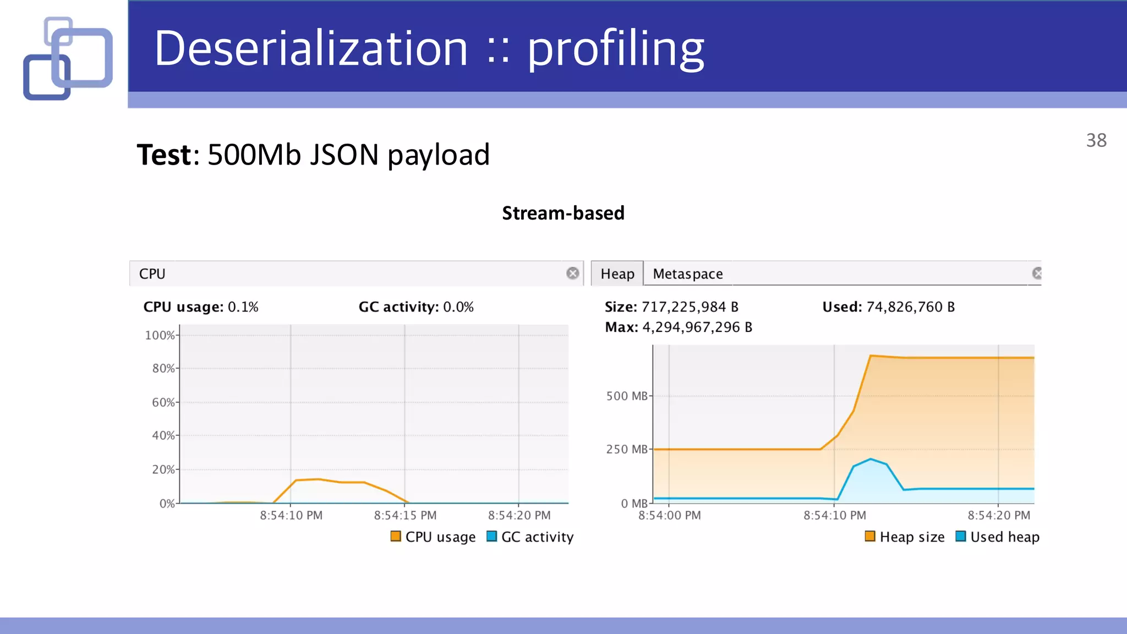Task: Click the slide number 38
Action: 1096,140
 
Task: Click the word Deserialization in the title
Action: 311,48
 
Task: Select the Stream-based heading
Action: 563,213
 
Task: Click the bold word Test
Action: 164,155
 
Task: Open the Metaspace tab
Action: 687,274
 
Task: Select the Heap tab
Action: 617,274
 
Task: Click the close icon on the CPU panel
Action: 572,274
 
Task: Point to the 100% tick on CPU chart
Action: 160,335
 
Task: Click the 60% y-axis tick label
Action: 163,402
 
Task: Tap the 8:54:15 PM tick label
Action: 405,516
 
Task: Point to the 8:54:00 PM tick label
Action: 669,516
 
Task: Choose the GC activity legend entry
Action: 530,537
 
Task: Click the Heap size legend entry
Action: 905,537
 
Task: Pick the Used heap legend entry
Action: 998,537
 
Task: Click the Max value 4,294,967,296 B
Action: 697,327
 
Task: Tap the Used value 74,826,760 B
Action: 910,307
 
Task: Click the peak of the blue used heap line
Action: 871,459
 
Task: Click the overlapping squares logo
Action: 68,58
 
